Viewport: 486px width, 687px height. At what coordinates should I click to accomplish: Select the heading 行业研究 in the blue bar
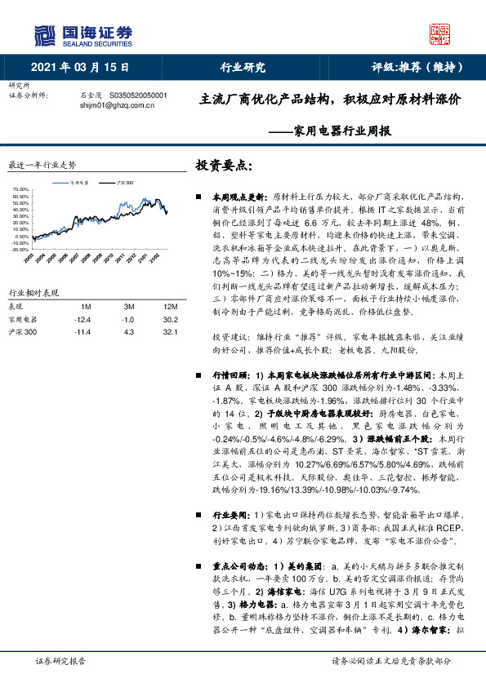[x=243, y=68]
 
